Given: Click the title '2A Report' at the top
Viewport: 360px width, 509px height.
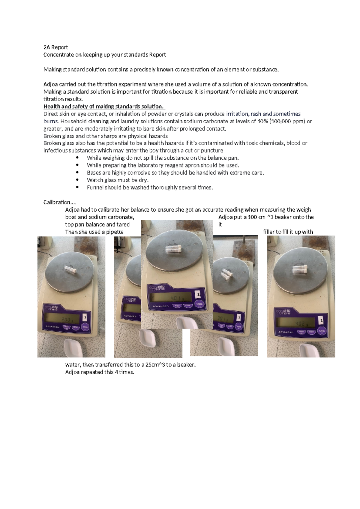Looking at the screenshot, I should click(x=55, y=47).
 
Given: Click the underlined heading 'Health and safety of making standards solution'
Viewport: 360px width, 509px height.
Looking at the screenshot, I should click(x=104, y=107).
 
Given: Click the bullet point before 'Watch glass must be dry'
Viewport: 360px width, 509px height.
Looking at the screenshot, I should click(x=78, y=180).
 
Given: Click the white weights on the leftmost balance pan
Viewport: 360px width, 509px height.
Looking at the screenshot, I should click(x=71, y=269).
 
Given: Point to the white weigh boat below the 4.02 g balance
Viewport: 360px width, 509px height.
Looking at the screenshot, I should click(x=310, y=350).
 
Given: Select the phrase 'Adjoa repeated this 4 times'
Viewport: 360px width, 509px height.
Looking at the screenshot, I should click(x=100, y=372).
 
